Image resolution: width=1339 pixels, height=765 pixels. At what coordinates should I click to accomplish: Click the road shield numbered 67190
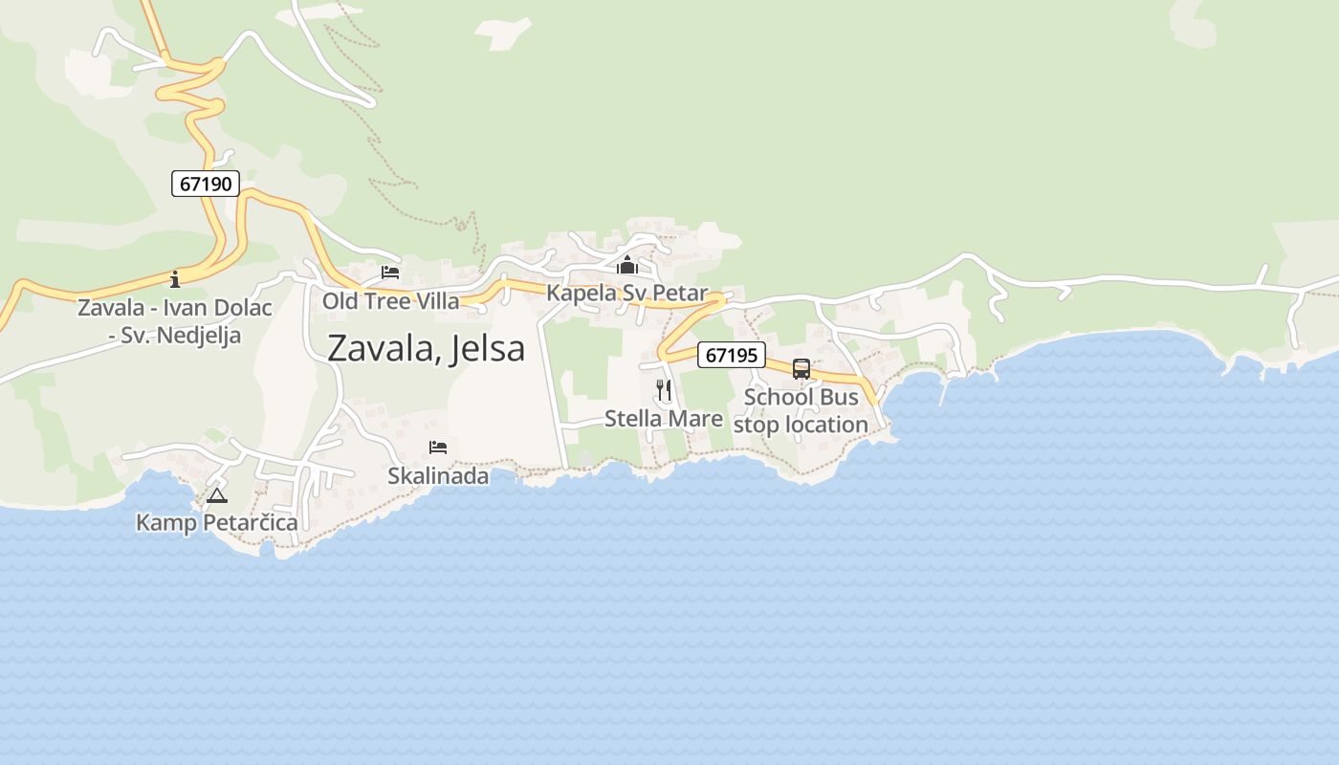click(x=206, y=184)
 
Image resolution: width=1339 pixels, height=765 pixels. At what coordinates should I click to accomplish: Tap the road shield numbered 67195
click(x=732, y=355)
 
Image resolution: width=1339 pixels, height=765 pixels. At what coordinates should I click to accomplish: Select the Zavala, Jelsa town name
click(x=426, y=348)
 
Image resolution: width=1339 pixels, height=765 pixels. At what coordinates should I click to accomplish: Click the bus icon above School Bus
click(x=801, y=369)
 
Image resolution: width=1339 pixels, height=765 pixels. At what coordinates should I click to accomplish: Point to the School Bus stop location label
click(x=801, y=410)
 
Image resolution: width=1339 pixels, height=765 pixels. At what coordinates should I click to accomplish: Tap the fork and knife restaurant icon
click(x=664, y=390)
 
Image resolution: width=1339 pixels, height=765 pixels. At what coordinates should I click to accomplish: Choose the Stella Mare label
click(x=664, y=418)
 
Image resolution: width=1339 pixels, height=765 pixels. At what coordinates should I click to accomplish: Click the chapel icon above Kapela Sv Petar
click(x=627, y=265)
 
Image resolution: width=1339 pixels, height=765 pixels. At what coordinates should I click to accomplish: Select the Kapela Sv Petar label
click(x=627, y=293)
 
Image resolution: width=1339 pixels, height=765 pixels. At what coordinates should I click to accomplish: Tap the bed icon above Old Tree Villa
click(x=390, y=273)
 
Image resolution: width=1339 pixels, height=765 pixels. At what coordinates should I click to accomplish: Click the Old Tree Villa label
click(x=390, y=300)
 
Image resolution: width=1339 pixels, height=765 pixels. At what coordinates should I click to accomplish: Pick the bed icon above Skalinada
click(x=438, y=448)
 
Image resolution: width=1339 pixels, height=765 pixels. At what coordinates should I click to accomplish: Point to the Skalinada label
click(x=438, y=475)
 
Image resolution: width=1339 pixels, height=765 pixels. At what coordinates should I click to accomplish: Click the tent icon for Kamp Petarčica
click(x=217, y=495)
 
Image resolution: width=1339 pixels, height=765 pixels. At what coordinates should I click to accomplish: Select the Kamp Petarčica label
click(x=217, y=522)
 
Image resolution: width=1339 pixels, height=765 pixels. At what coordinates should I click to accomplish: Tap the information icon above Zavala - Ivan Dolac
click(x=175, y=279)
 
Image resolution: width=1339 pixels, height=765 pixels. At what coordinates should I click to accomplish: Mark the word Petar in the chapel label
click(x=681, y=293)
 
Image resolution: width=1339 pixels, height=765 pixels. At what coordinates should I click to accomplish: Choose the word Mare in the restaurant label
click(x=698, y=418)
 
